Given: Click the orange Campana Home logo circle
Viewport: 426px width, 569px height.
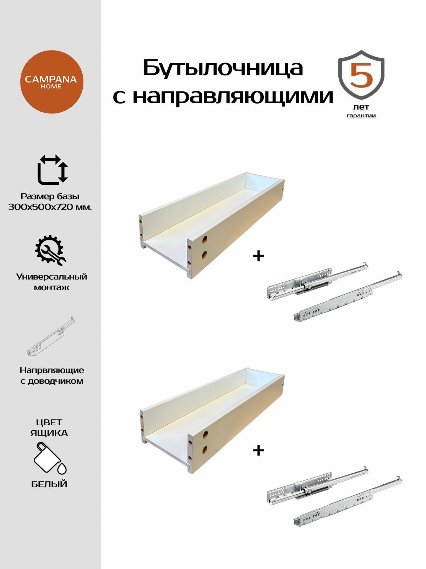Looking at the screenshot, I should [x=51, y=82].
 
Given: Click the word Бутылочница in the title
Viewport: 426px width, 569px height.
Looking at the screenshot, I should [x=223, y=68].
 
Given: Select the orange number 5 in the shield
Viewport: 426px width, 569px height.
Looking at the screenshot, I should [x=361, y=75].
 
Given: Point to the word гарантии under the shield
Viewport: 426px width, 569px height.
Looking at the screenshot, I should [x=361, y=116].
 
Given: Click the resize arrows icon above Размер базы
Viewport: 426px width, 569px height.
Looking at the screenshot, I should [x=53, y=169].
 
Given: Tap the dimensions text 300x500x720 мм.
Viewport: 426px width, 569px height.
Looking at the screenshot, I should [x=50, y=207].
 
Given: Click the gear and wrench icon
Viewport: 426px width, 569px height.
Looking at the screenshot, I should [x=50, y=250].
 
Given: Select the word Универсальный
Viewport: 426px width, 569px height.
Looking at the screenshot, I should [x=51, y=277].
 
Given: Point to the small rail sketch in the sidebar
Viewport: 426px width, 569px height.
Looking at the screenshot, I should [x=51, y=336].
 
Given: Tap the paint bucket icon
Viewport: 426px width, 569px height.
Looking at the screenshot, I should [x=50, y=458].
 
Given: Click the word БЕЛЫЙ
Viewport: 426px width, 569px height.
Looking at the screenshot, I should [x=49, y=484].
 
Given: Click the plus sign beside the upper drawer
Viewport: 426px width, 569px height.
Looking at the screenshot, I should [x=258, y=256].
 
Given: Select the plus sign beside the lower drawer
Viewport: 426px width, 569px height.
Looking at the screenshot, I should [x=258, y=450].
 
